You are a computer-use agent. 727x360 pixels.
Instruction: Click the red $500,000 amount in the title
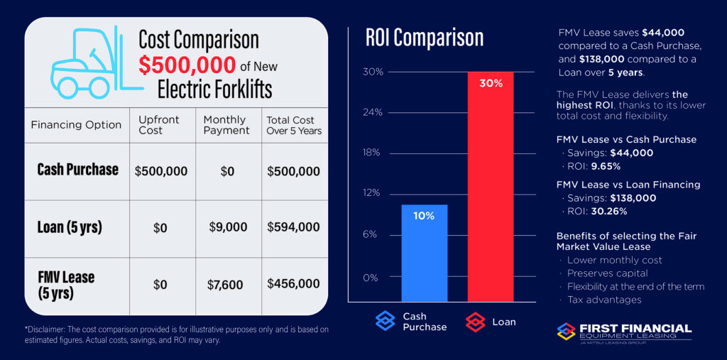[187, 65]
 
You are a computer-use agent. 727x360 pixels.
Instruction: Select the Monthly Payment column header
[226, 124]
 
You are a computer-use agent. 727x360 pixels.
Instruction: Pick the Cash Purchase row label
[77, 170]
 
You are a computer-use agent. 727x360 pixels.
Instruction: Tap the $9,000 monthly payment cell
[228, 227]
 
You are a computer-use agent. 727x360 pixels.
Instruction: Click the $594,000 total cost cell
[293, 227]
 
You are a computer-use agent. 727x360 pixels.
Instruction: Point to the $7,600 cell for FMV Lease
[225, 285]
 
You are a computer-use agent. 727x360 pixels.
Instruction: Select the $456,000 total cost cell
[293, 284]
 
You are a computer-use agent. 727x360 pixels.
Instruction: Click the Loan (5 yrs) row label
[70, 227]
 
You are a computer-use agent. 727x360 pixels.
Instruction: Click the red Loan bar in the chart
[490, 185]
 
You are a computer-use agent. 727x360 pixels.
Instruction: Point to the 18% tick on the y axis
[373, 153]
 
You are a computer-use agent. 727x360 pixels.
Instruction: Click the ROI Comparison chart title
[424, 38]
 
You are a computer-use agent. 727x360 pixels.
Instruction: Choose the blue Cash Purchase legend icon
[385, 322]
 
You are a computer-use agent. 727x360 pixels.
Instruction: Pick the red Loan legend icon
[474, 322]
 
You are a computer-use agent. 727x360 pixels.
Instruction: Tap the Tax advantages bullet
[604, 300]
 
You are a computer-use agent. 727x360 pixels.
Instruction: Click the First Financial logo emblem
[567, 331]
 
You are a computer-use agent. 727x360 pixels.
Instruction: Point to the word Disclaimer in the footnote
[50, 329]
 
